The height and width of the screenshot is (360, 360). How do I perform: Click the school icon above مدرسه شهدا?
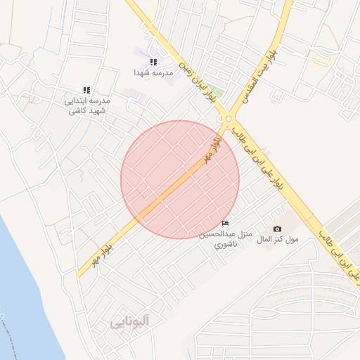pos(153,63)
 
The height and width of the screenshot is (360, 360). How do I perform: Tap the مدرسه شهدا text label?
pos(153,72)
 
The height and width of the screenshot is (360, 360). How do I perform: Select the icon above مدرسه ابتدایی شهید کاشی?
pos(87,91)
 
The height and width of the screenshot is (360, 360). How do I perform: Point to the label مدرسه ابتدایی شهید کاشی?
pos(87,106)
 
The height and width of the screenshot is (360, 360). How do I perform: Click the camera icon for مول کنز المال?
pos(277,229)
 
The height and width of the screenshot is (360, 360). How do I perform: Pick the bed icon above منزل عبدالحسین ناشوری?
pos(225,224)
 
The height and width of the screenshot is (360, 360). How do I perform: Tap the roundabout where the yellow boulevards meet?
pos(229,117)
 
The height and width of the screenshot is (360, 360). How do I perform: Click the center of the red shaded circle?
pos(180,179)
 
